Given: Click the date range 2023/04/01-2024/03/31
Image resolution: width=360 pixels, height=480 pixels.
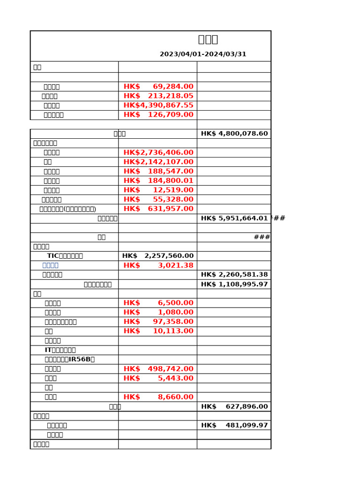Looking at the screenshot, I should (x=203, y=54).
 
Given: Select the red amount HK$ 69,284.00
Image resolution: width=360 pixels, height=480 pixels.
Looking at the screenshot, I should (x=158, y=87).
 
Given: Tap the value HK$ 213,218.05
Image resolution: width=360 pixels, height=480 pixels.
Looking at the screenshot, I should (x=158, y=96).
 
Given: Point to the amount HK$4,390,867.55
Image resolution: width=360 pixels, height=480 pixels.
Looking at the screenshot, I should (x=158, y=105).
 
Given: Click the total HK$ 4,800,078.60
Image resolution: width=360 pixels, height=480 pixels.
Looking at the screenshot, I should (x=234, y=134).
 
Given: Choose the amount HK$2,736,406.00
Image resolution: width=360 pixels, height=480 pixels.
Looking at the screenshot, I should (x=158, y=152).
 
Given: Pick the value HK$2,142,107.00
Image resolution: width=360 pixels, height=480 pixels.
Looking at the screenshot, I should (x=158, y=162).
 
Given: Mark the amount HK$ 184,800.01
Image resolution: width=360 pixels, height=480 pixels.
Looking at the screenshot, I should (x=158, y=180).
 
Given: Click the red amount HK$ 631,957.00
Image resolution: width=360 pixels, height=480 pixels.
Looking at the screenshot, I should (x=158, y=209).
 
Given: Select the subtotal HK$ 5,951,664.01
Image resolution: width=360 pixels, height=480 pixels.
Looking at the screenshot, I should (x=234, y=218).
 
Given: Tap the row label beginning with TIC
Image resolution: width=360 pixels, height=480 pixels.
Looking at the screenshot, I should (x=65, y=256).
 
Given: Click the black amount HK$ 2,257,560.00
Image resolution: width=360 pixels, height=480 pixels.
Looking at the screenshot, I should (x=158, y=256).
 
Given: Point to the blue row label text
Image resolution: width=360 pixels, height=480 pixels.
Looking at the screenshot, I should (x=51, y=265).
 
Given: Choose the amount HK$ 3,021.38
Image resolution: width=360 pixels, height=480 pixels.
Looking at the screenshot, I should (x=158, y=265).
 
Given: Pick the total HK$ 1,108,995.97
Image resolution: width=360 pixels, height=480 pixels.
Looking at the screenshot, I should (x=234, y=285).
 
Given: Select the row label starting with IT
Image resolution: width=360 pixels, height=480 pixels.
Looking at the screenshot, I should (x=60, y=350).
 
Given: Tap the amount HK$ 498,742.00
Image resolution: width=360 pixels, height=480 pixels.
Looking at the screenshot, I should (x=158, y=369).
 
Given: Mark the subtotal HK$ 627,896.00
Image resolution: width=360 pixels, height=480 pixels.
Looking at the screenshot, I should (x=234, y=407).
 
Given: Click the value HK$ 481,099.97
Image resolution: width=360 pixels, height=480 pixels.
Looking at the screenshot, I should (x=234, y=426).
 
